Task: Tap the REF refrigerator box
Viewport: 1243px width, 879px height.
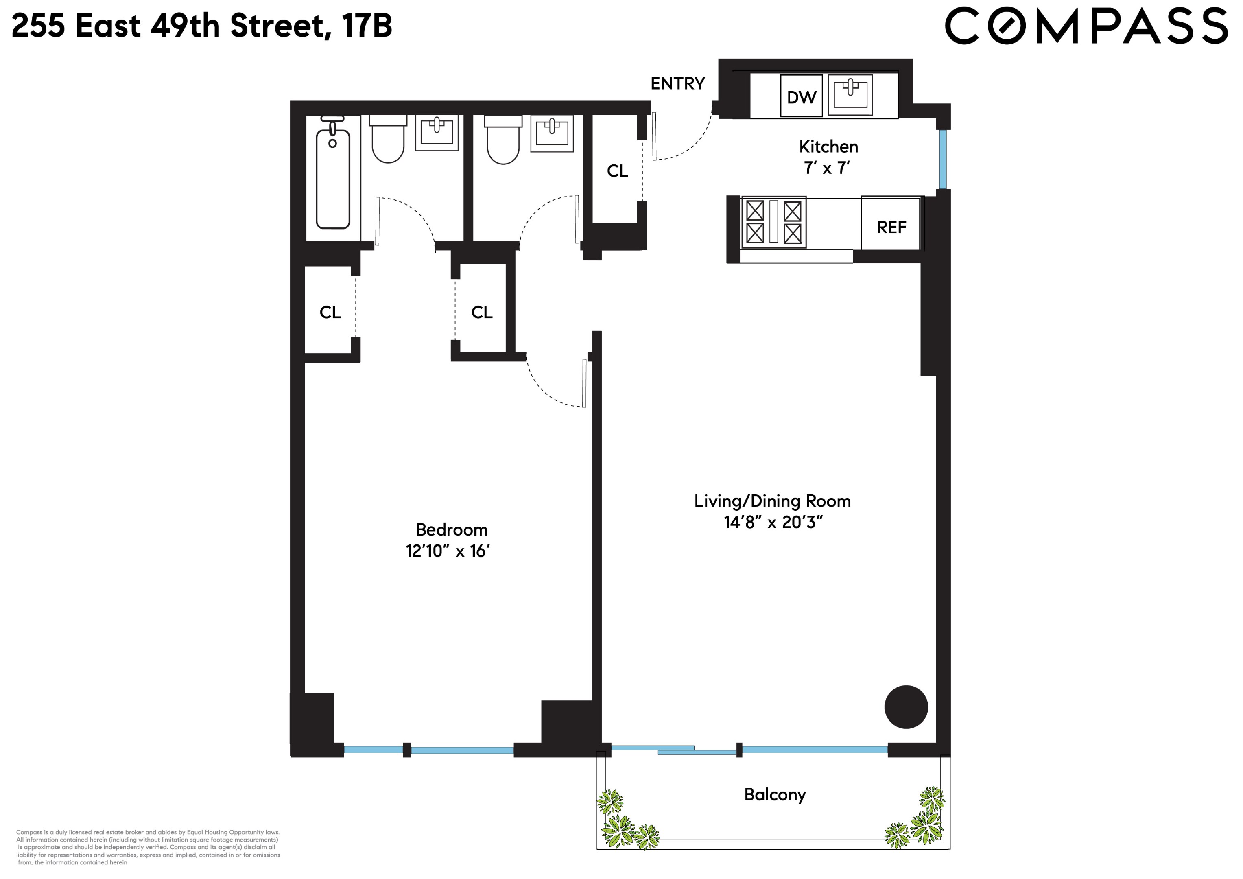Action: pos(891,226)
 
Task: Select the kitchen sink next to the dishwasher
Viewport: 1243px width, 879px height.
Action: pos(850,95)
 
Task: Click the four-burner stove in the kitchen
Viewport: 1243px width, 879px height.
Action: pos(773,222)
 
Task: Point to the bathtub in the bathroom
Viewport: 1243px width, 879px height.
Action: pos(332,177)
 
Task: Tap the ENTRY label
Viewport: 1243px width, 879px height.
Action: pos(677,83)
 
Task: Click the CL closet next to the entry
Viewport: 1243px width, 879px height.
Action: pos(617,171)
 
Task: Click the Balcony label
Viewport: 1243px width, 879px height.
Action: pos(774,794)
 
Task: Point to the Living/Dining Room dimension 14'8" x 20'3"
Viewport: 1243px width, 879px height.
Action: pos(773,522)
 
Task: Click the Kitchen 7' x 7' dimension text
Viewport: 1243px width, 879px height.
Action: pos(827,168)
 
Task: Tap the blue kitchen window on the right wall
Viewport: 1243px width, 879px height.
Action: pos(943,159)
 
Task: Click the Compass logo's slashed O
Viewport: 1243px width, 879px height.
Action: pos(1007,26)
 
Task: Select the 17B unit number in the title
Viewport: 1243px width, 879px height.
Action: pos(367,26)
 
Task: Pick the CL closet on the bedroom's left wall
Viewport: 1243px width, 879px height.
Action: pos(330,312)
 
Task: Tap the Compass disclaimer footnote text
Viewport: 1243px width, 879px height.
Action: pos(147,847)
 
